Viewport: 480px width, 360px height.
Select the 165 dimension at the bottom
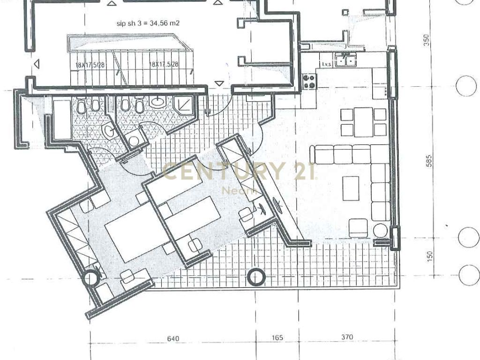277,338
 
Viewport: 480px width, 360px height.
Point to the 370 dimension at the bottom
347,337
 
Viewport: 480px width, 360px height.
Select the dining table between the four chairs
363,122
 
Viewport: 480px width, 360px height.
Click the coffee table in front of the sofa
351,188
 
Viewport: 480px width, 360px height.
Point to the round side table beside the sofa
380,231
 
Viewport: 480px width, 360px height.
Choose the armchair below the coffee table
358,228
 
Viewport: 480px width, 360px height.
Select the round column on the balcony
255,277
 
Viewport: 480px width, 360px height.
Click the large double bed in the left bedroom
136,238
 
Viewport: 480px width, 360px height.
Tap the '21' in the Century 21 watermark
304,171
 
